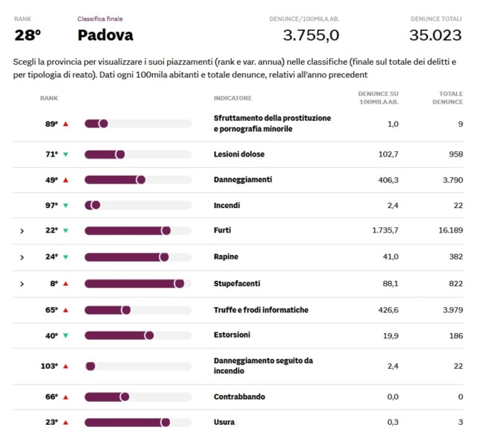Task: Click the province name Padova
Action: pyautogui.click(x=105, y=35)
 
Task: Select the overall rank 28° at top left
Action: pyautogui.click(x=28, y=35)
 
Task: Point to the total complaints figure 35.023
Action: pyautogui.click(x=435, y=35)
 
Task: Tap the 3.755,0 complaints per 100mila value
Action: pyautogui.click(x=311, y=35)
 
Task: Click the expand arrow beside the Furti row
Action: pyautogui.click(x=22, y=231)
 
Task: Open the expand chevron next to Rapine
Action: pyautogui.click(x=22, y=257)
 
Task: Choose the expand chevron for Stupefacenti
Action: pyautogui.click(x=22, y=284)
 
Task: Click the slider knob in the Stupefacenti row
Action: pyautogui.click(x=179, y=284)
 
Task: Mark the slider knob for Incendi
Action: pyautogui.click(x=95, y=206)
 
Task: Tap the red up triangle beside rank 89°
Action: pyautogui.click(x=66, y=124)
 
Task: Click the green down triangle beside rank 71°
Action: pyautogui.click(x=66, y=154)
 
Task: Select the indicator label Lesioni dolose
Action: pyautogui.click(x=238, y=154)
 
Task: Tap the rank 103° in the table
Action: pyautogui.click(x=49, y=366)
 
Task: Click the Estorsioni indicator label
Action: pyautogui.click(x=232, y=335)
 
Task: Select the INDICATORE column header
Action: pyautogui.click(x=233, y=98)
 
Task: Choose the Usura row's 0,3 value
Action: pyautogui.click(x=392, y=422)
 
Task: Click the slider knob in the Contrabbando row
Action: pyautogui.click(x=124, y=397)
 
